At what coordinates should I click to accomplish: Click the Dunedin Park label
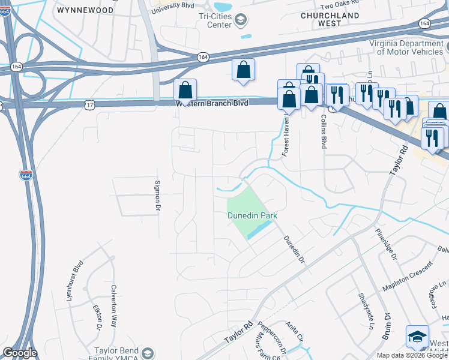251,215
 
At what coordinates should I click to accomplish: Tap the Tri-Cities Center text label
215,20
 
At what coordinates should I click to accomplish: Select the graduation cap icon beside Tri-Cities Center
240,21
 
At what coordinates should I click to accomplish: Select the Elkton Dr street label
98,317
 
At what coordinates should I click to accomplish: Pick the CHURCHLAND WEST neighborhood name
330,19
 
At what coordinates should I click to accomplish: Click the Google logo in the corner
19,353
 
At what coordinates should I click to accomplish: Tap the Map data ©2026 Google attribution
412,355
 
